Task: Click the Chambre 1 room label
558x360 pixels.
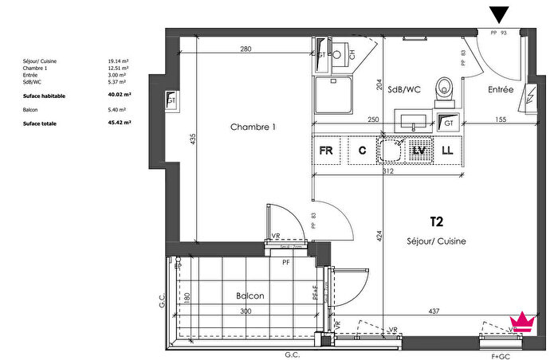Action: [253, 127]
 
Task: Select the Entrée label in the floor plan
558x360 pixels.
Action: [501, 90]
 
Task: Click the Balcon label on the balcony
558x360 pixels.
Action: [250, 295]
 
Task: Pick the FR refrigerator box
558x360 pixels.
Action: [326, 150]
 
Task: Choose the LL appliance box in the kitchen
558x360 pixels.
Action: [447, 150]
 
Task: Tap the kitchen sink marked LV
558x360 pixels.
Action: [418, 150]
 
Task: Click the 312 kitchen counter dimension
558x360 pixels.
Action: [388, 170]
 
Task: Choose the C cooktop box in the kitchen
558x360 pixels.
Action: [361, 150]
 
